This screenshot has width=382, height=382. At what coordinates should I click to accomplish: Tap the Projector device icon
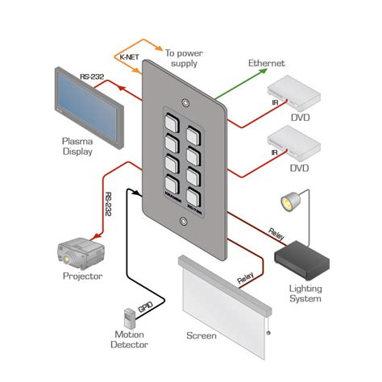click(79, 251)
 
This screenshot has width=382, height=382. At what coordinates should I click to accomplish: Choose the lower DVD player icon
click(297, 143)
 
